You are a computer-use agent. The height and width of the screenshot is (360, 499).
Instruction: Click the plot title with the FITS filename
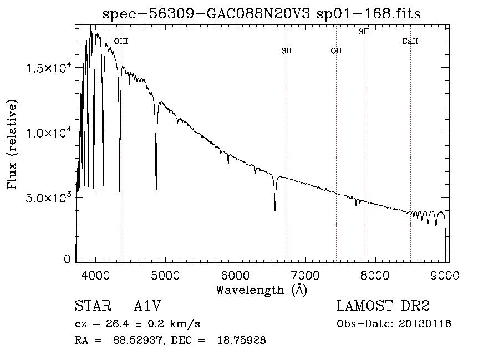point(262,14)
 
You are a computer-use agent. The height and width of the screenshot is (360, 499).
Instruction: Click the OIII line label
point(121,41)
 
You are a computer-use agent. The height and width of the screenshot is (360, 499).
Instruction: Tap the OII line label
point(336,51)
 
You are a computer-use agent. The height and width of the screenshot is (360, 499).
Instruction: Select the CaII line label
point(410,41)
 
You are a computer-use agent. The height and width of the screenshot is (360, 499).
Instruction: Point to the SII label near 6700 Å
point(286,51)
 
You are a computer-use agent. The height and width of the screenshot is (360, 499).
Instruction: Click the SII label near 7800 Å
point(364,32)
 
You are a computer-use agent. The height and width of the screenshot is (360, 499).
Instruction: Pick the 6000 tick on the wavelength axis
point(236,275)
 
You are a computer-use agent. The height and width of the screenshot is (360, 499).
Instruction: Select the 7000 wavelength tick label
point(305,275)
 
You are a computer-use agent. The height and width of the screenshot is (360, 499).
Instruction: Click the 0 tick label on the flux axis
point(68,259)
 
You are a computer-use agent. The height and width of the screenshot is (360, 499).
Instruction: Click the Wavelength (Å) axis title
point(261,290)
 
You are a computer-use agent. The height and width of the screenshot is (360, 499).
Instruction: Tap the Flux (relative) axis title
point(12,144)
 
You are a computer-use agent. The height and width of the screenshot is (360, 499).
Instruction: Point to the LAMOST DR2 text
point(383,307)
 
